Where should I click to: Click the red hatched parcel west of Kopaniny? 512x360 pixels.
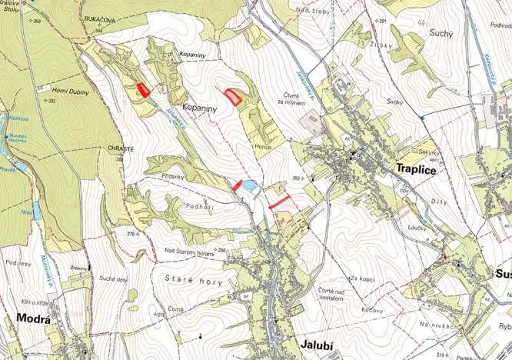click(143, 89)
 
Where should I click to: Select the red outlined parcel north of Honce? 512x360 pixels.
click(232, 96)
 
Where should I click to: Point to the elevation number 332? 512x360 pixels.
click(52, 101)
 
